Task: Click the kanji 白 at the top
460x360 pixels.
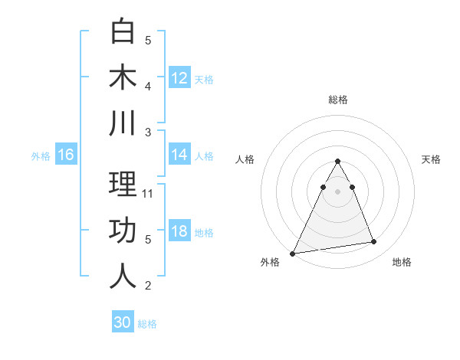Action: pyautogui.click(x=123, y=32)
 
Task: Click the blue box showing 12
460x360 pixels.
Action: pyautogui.click(x=179, y=77)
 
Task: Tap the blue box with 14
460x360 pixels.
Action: pyautogui.click(x=179, y=155)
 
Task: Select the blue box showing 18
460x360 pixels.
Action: pyautogui.click(x=179, y=231)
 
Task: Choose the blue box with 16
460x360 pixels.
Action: pyautogui.click(x=66, y=155)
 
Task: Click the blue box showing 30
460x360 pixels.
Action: pyautogui.click(x=123, y=322)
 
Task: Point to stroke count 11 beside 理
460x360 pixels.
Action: pyautogui.click(x=149, y=194)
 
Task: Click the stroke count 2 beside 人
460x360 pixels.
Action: pyautogui.click(x=149, y=286)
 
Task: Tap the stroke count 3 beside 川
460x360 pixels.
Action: pyautogui.click(x=149, y=132)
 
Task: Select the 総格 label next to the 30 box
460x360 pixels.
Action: pyautogui.click(x=147, y=324)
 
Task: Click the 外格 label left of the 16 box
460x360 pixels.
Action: pyautogui.click(x=41, y=156)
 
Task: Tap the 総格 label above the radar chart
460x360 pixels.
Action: pyautogui.click(x=338, y=100)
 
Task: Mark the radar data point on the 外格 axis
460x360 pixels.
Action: pyautogui.click(x=293, y=253)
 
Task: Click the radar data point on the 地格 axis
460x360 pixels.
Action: pyautogui.click(x=374, y=242)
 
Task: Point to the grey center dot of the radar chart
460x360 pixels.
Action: pyautogui.click(x=337, y=191)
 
